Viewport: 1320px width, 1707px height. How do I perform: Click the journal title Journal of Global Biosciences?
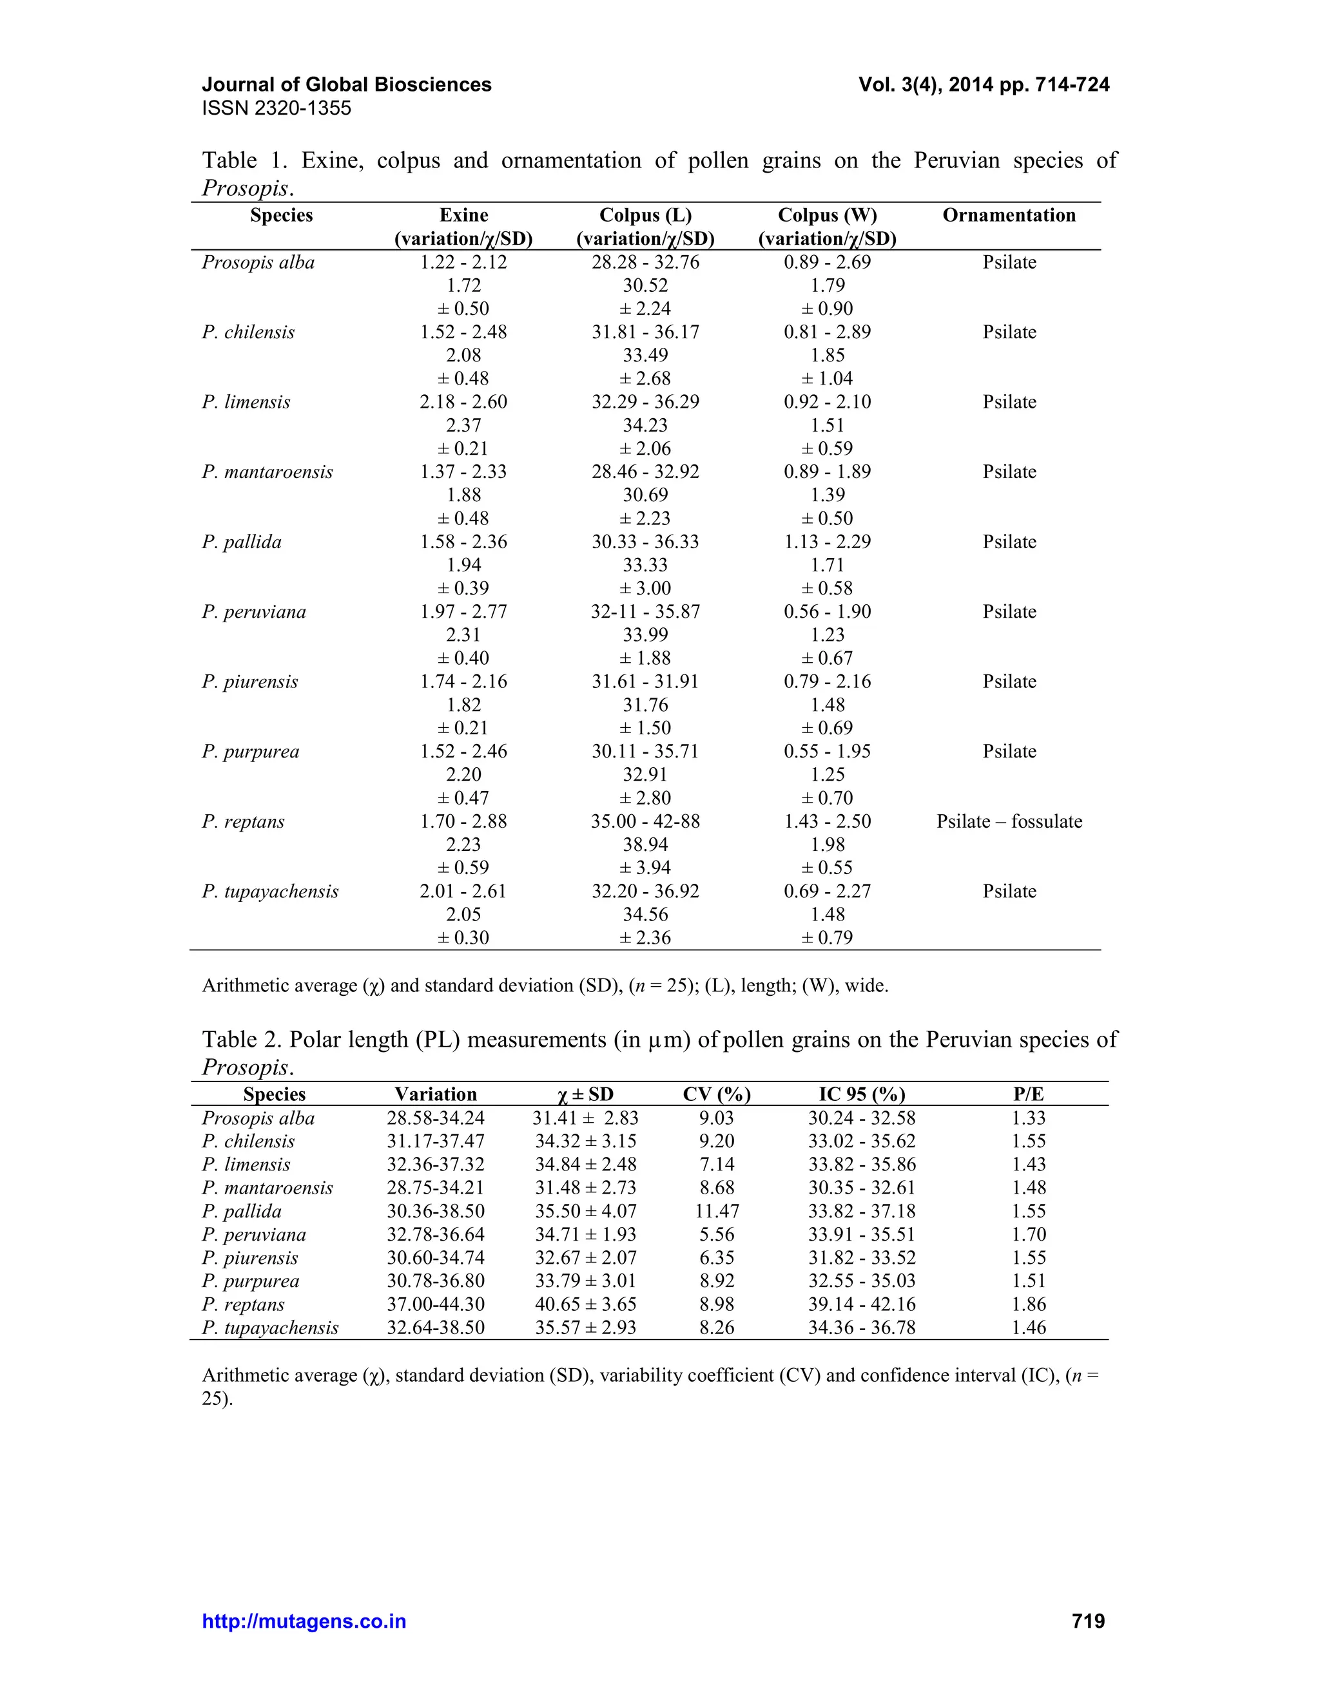click(x=346, y=84)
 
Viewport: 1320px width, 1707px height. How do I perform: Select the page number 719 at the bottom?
click(x=1088, y=1621)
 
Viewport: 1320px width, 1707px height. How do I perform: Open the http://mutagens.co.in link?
click(x=304, y=1621)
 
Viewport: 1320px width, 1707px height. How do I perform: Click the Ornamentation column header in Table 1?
click(x=1009, y=215)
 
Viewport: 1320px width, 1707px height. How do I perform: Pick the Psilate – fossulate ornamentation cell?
click(x=1009, y=821)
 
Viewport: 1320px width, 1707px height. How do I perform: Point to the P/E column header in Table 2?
click(x=1028, y=1094)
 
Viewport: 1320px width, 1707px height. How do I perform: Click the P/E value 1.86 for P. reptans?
click(x=1028, y=1304)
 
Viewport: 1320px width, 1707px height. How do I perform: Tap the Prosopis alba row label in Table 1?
click(x=258, y=263)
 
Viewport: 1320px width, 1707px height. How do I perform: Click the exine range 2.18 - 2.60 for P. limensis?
click(x=463, y=402)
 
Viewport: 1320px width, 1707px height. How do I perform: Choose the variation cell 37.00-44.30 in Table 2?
click(x=436, y=1304)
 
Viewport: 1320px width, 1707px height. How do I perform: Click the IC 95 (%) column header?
click(x=862, y=1094)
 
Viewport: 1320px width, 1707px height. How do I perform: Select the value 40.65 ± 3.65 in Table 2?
click(x=585, y=1304)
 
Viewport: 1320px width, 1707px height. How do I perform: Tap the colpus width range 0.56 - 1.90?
click(x=828, y=611)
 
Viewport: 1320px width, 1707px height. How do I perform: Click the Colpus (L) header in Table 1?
click(x=645, y=215)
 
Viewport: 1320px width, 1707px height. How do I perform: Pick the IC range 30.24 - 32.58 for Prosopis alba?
click(x=862, y=1118)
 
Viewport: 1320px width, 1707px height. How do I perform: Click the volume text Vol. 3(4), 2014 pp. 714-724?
click(x=984, y=84)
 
